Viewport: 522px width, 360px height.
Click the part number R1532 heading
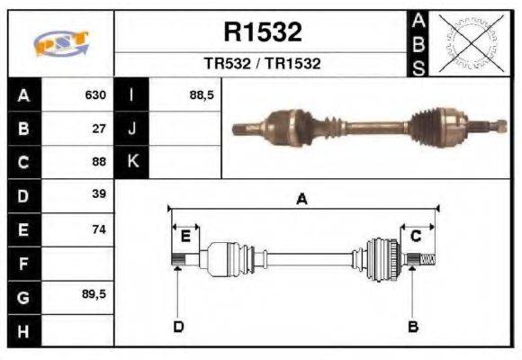[x=262, y=33]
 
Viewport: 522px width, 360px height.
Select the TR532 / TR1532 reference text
[x=262, y=64]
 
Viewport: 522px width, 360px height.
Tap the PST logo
[x=61, y=43]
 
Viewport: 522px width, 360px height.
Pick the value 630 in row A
[x=95, y=94]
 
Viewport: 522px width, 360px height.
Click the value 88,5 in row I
[x=202, y=94]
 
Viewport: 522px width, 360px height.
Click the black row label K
[x=132, y=162]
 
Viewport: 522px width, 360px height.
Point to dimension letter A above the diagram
[x=302, y=201]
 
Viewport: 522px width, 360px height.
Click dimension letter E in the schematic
[x=185, y=236]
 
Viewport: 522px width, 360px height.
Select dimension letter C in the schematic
[x=416, y=236]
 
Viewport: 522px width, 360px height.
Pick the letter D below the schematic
[x=178, y=326]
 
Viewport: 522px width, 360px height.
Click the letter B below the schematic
[x=413, y=326]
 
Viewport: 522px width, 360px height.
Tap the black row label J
[x=132, y=128]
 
